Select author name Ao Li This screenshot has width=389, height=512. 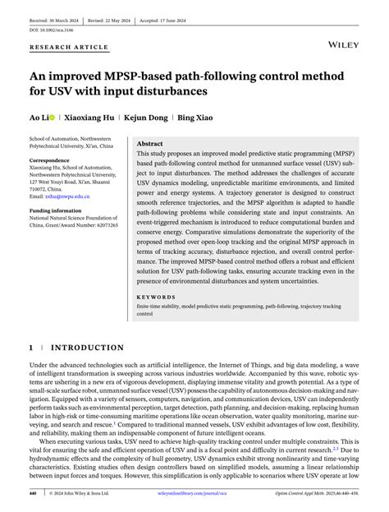pyautogui.click(x=39, y=118)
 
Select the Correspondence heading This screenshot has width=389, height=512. pyautogui.click(x=51, y=159)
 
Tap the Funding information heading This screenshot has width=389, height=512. pyautogui.click(x=57, y=210)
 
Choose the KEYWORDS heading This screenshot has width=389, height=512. pyautogui.click(x=156, y=296)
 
